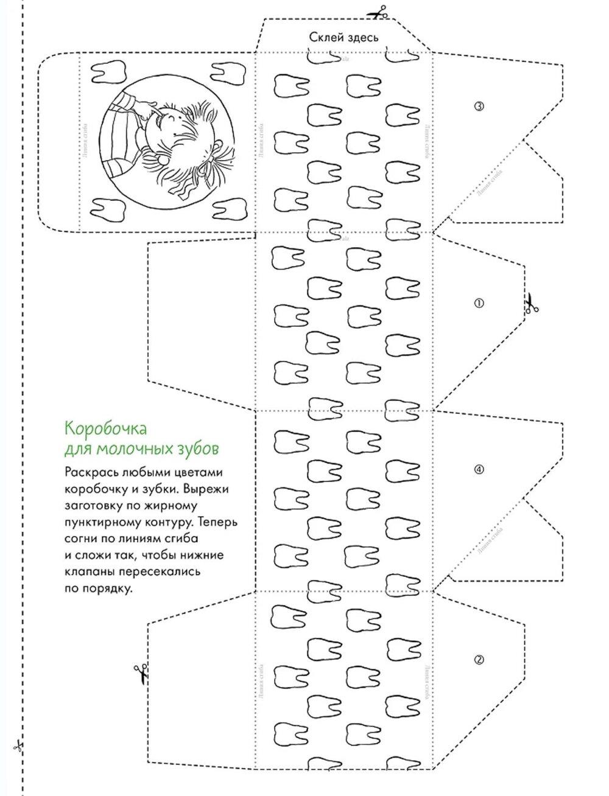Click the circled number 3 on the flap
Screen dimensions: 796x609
(x=479, y=106)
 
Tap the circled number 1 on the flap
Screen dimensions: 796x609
(x=479, y=303)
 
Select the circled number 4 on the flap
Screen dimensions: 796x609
(x=479, y=469)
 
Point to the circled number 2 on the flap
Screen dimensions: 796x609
(x=479, y=660)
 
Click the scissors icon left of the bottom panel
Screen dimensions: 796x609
(x=141, y=673)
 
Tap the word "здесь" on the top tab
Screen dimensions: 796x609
(x=362, y=37)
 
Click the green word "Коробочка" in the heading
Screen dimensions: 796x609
(x=105, y=428)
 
